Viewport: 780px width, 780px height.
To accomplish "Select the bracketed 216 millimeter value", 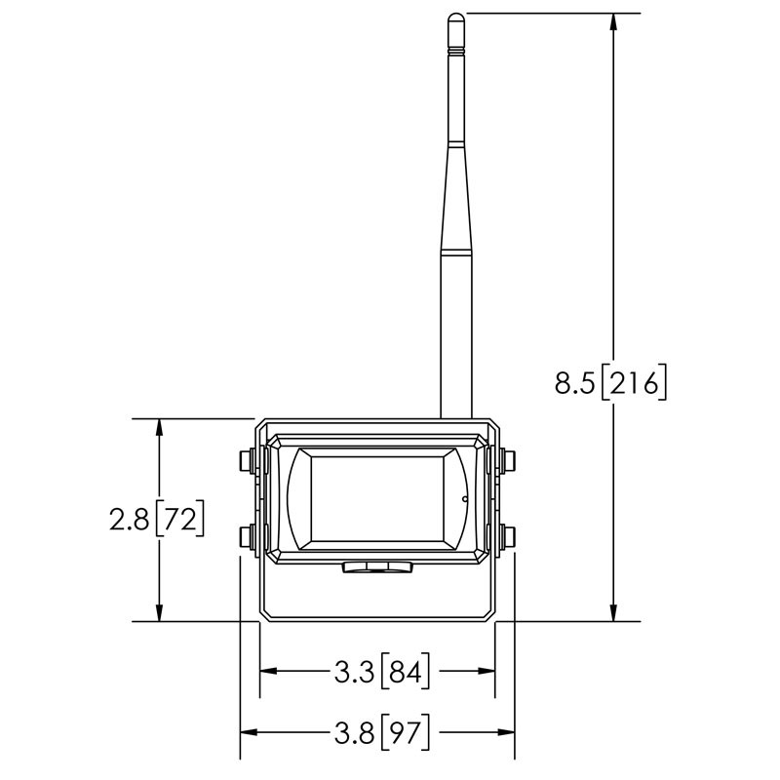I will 634,383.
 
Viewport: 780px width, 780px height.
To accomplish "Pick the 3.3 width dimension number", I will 352,671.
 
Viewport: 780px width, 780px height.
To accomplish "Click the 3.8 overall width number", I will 352,733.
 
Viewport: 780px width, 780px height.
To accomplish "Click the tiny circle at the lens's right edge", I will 465,500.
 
